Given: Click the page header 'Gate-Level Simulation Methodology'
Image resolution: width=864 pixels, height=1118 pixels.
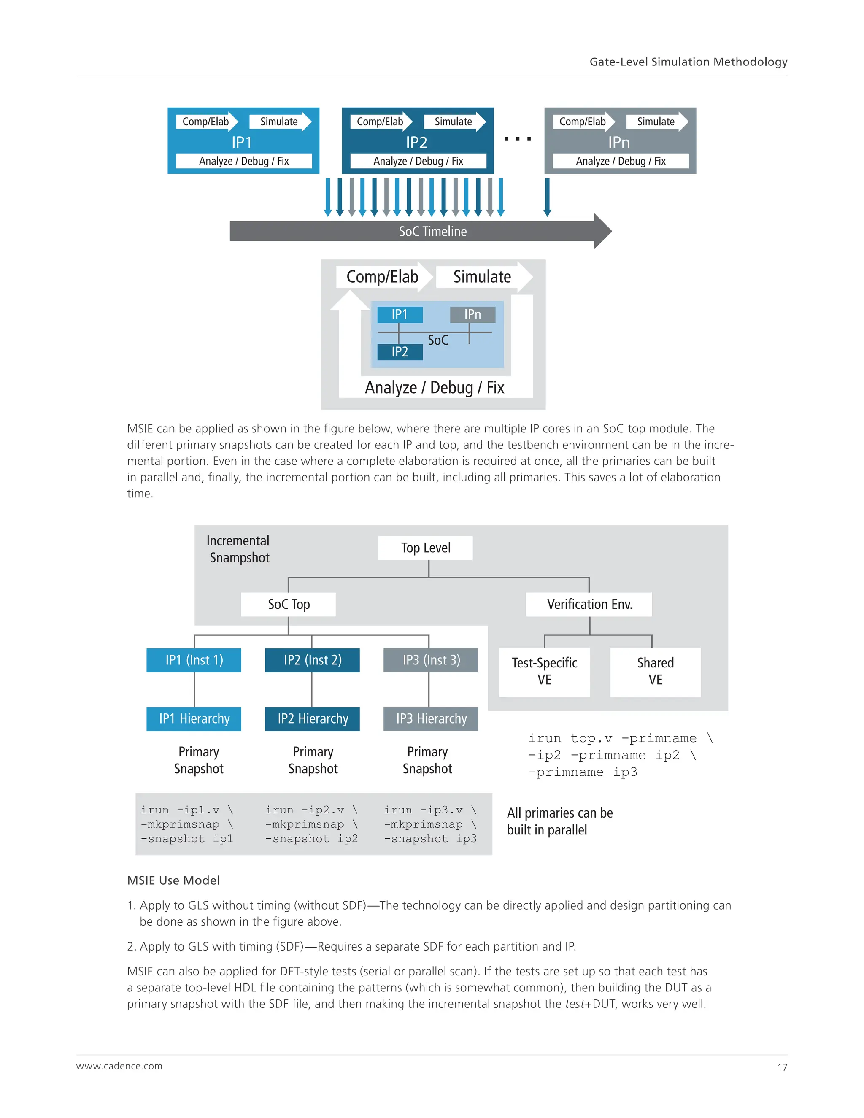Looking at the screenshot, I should click(x=688, y=62).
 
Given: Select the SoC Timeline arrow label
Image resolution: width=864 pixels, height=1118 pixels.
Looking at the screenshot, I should click(x=432, y=231).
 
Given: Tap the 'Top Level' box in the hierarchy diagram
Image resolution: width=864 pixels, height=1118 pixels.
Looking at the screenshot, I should click(x=425, y=548).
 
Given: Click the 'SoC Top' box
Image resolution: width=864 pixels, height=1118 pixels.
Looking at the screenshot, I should click(x=289, y=604).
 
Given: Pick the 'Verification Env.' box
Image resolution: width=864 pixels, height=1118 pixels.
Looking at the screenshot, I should click(x=589, y=604).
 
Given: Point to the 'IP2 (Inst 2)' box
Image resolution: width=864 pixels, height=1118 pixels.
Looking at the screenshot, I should click(x=312, y=660).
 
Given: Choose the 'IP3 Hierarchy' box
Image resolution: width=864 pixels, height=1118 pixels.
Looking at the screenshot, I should click(x=431, y=719).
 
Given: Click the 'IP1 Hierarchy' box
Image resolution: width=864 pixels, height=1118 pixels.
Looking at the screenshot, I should click(x=194, y=719).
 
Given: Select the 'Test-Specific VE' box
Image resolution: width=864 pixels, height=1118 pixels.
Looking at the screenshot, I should click(x=544, y=671).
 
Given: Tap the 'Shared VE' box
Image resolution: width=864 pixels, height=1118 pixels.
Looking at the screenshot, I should click(x=655, y=671).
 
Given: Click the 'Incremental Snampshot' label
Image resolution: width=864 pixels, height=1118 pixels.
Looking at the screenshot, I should click(x=238, y=549).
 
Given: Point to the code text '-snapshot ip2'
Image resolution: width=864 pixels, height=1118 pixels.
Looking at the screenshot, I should click(x=311, y=839).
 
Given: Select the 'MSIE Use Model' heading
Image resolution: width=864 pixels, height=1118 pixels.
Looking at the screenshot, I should click(x=173, y=880).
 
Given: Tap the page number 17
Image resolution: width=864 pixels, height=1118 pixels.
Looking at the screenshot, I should click(x=782, y=1067).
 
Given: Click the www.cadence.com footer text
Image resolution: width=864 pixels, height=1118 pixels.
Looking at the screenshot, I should click(x=119, y=1066).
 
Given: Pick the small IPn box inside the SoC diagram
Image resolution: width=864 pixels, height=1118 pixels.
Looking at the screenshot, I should click(x=472, y=314).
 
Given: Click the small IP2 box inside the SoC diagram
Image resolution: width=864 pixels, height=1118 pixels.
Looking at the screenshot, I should click(x=400, y=352).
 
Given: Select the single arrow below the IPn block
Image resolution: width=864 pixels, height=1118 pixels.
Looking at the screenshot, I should click(x=547, y=197).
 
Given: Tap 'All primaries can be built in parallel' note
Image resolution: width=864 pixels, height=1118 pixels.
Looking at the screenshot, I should click(x=559, y=821).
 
